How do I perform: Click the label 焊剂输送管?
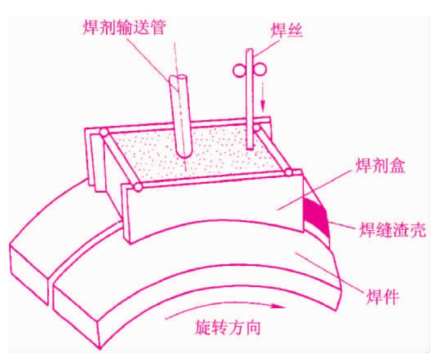[124, 28]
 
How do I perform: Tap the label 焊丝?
[286, 30]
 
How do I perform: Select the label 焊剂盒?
[380, 165]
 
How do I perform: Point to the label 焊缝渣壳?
[392, 229]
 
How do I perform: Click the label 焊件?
[382, 297]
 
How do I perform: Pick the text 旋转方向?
[228, 327]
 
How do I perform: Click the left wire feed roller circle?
[239, 70]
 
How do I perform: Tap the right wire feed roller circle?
[259, 70]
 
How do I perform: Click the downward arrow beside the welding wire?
[263, 97]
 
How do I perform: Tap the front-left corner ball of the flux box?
[138, 187]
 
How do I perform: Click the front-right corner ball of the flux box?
[289, 172]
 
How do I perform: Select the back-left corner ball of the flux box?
[104, 133]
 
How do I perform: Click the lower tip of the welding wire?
[250, 149]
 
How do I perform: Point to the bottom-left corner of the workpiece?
[100, 348]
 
